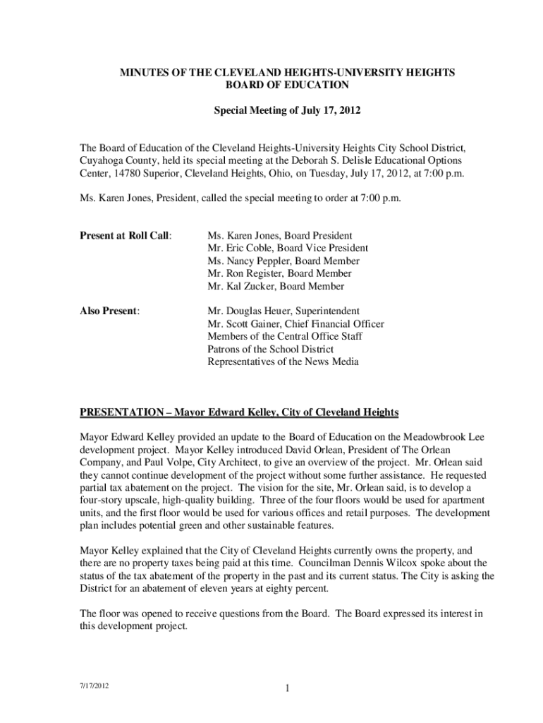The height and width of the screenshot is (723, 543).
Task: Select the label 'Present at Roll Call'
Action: coord(126,235)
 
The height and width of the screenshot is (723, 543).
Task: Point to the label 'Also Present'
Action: coord(109,311)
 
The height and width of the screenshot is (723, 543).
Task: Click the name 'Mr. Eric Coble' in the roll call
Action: coord(239,248)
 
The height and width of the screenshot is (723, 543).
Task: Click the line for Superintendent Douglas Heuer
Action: coord(283,311)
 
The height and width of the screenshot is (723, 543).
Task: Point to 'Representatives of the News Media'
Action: coord(283,361)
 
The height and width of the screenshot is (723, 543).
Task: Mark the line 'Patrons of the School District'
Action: coord(271,349)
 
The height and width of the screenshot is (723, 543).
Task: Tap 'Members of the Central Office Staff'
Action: coord(285,336)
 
